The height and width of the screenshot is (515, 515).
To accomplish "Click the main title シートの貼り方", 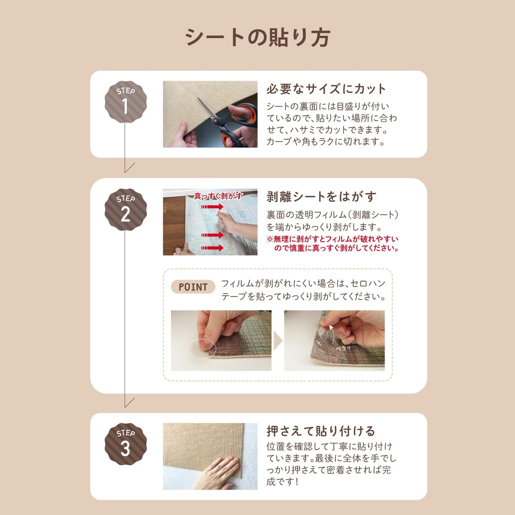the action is tap(257, 38).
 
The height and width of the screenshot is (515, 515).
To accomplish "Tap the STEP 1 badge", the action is tap(126, 102).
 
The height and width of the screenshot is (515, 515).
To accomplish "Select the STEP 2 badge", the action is tap(126, 210).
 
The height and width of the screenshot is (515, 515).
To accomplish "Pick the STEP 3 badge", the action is tap(126, 444).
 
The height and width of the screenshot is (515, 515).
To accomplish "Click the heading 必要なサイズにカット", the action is tap(326, 89).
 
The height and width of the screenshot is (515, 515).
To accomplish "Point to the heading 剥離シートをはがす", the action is tap(321, 197).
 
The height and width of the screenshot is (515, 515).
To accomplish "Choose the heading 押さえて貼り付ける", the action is tap(321, 431).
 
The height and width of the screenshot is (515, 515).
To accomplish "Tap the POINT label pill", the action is tap(193, 287).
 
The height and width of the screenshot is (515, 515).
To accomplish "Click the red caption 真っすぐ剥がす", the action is tap(218, 196).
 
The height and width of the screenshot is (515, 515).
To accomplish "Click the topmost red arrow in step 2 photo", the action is tap(212, 207).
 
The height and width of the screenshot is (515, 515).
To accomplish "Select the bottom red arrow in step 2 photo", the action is tap(212, 248).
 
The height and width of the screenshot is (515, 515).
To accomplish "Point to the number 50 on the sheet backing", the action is tap(241, 214).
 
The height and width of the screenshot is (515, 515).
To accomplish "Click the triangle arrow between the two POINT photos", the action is tap(278, 341).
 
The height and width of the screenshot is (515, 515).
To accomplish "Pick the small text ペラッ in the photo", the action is tap(344, 348).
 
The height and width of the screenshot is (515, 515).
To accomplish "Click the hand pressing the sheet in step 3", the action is tap(217, 474).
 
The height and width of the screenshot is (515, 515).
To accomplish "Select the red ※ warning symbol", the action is tap(270, 239).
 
